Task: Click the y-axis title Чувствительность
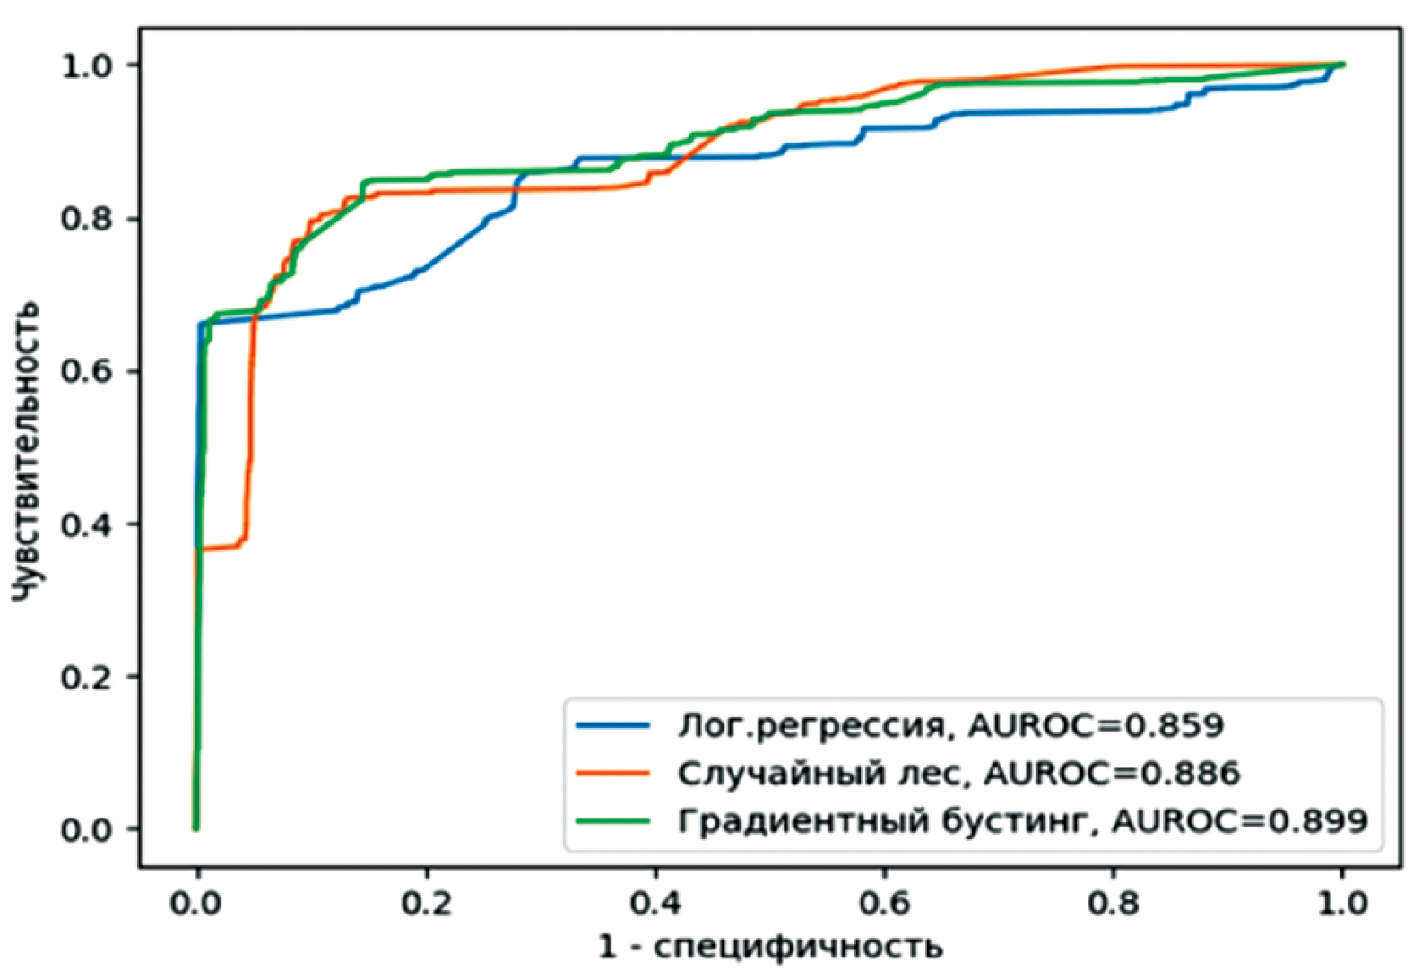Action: click(27, 450)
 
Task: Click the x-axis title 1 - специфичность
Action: click(770, 946)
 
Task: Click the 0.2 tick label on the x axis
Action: click(426, 902)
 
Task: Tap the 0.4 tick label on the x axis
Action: click(655, 902)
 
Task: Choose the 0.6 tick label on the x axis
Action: click(884, 902)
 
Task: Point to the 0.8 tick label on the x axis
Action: click(1113, 902)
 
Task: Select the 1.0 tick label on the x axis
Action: click(1342, 902)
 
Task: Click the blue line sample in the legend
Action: click(612, 725)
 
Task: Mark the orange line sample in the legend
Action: click(612, 773)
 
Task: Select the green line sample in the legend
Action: click(612, 820)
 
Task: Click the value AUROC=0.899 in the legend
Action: click(1240, 820)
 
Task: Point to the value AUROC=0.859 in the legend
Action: click(1096, 725)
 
